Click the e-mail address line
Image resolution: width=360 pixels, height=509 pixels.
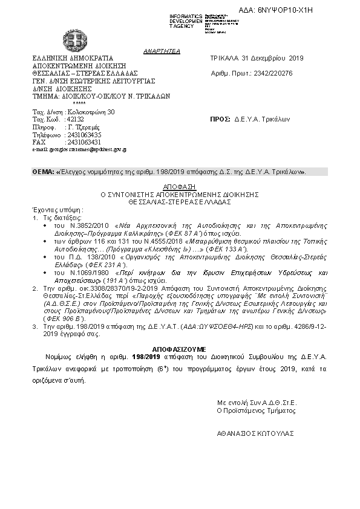click(x=79, y=149)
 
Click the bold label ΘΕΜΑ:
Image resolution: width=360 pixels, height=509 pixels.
click(x=43, y=172)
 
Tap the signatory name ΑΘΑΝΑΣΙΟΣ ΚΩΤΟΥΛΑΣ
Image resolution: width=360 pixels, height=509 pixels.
click(x=256, y=433)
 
